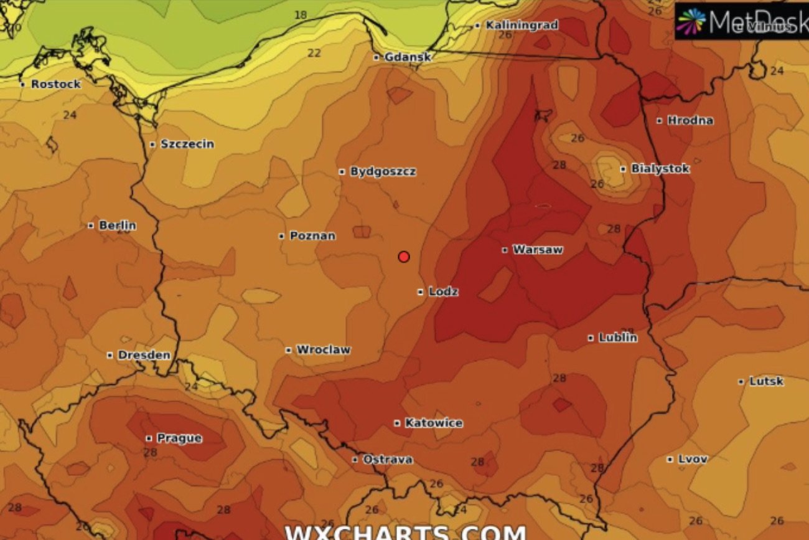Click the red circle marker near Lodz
pos(404,257)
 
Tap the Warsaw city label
pos(537,250)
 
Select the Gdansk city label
pos(408,57)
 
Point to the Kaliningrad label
pos(521,26)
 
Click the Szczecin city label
pos(187,144)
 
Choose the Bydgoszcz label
pos(383,172)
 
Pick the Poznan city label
pos(312,236)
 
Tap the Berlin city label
pos(117,225)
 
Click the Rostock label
pos(55,84)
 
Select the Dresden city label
pos(144,355)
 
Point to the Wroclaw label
pos(323,350)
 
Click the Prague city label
pos(179,438)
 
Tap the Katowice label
pos(434,424)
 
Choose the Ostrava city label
pos(388,460)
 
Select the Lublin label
pos(617,338)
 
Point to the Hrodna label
pos(690,121)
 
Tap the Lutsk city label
pos(766,381)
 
